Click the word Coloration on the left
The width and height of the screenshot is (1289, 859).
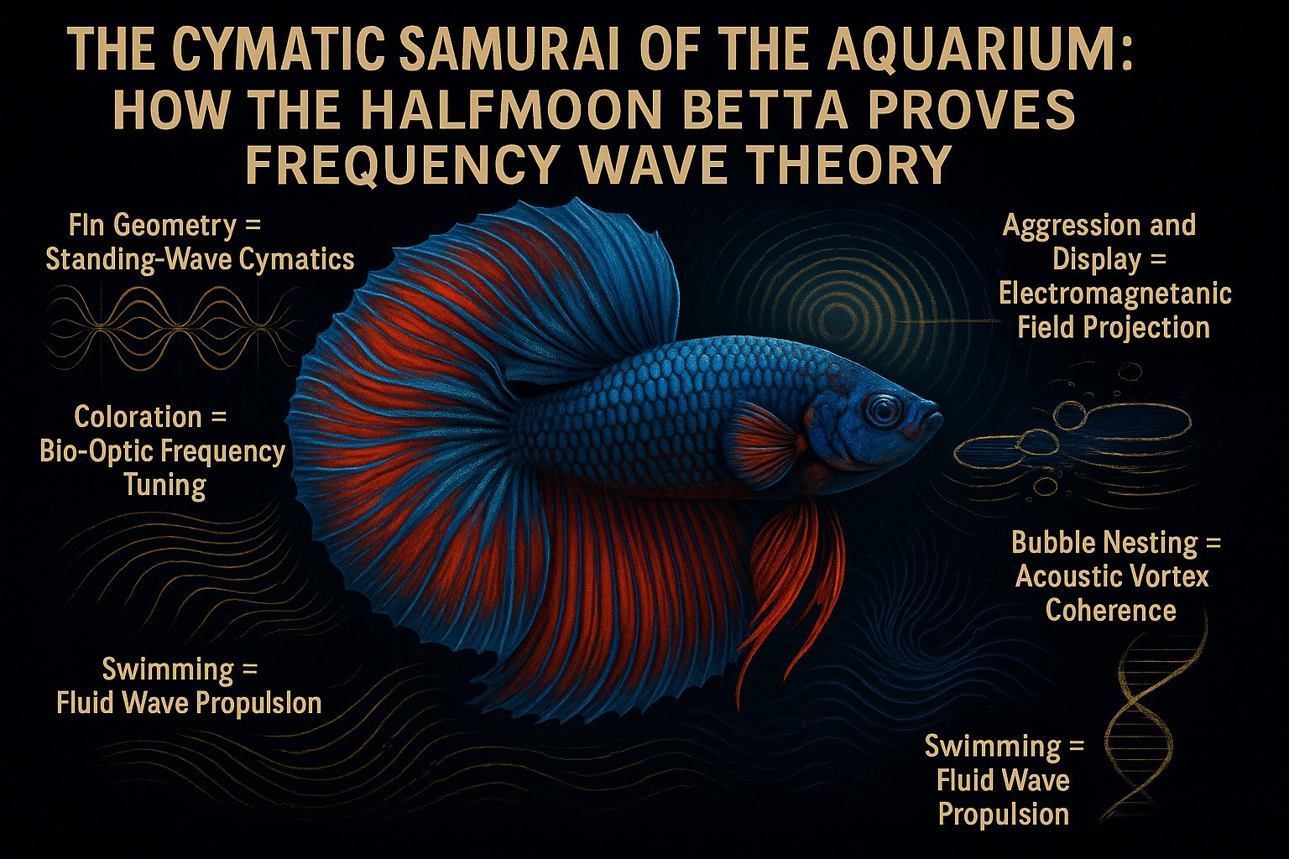point(138,417)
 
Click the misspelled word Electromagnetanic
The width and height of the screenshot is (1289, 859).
point(1115,294)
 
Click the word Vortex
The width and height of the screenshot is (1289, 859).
point(1169,576)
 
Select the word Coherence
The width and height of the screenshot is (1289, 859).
point(1110,610)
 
